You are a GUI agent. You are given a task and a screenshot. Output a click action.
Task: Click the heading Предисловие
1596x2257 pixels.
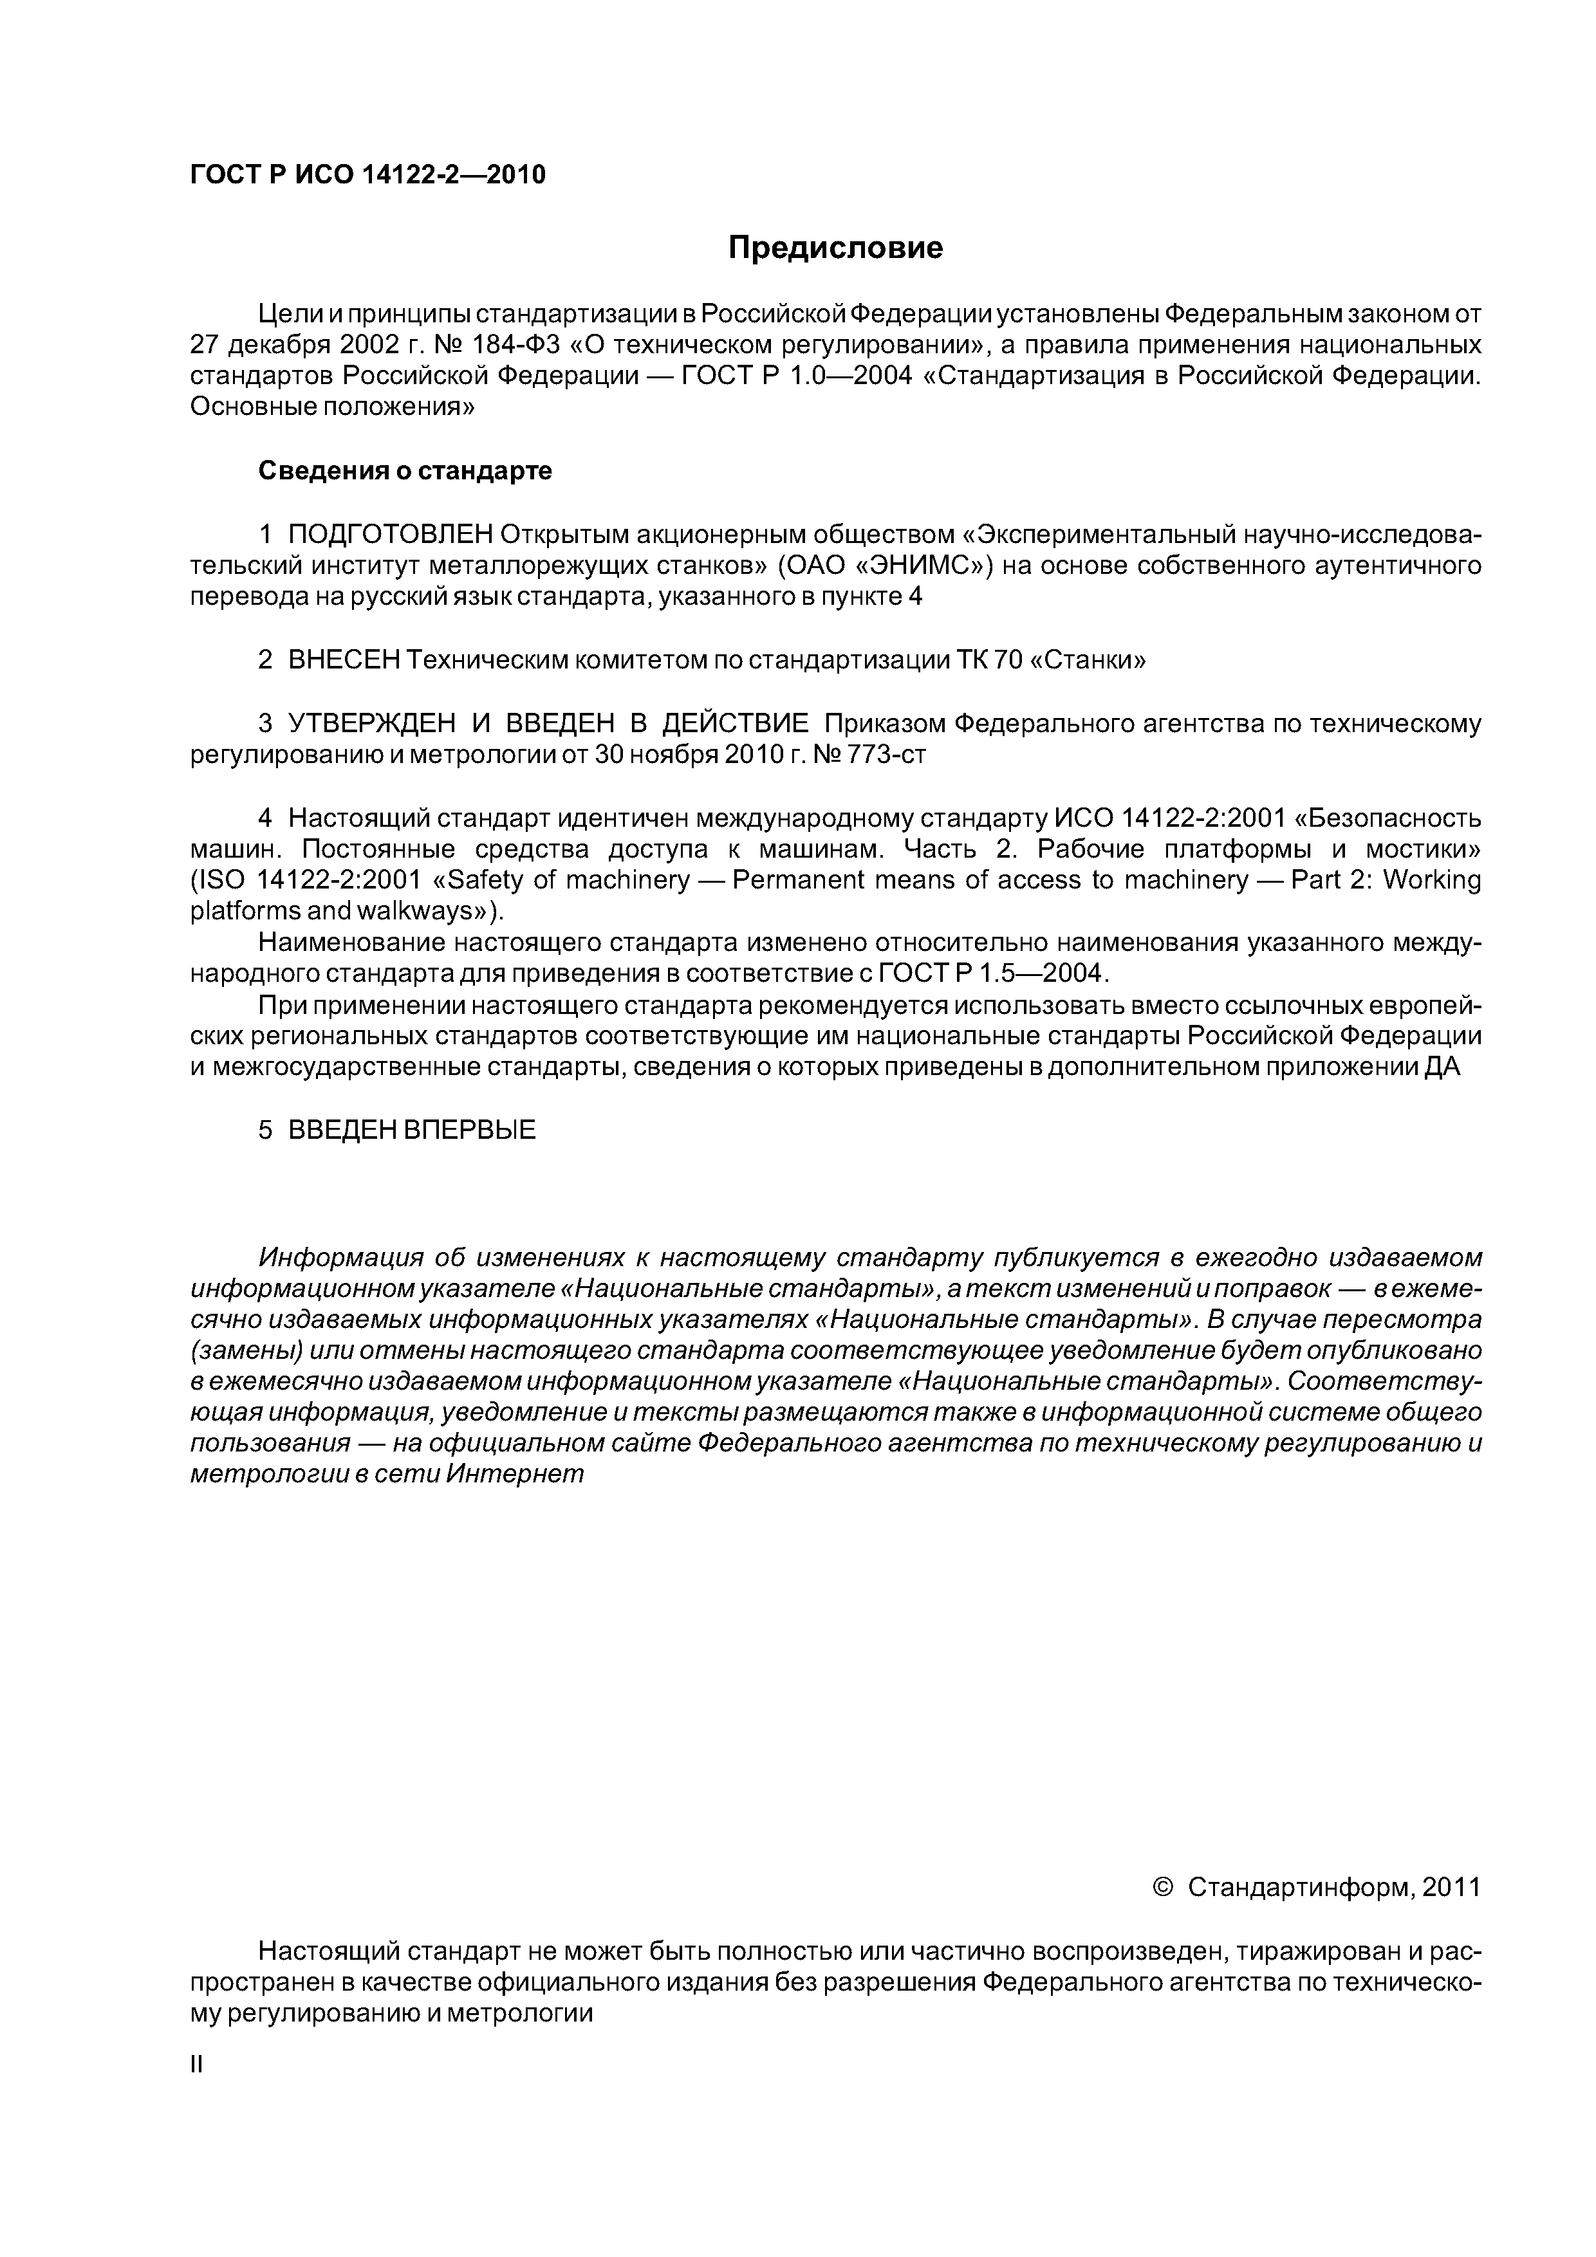(835, 248)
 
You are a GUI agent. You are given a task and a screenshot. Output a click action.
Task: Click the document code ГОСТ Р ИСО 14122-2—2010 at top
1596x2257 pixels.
(367, 175)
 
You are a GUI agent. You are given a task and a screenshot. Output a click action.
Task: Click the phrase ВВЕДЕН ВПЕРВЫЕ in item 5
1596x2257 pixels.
(412, 1130)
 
